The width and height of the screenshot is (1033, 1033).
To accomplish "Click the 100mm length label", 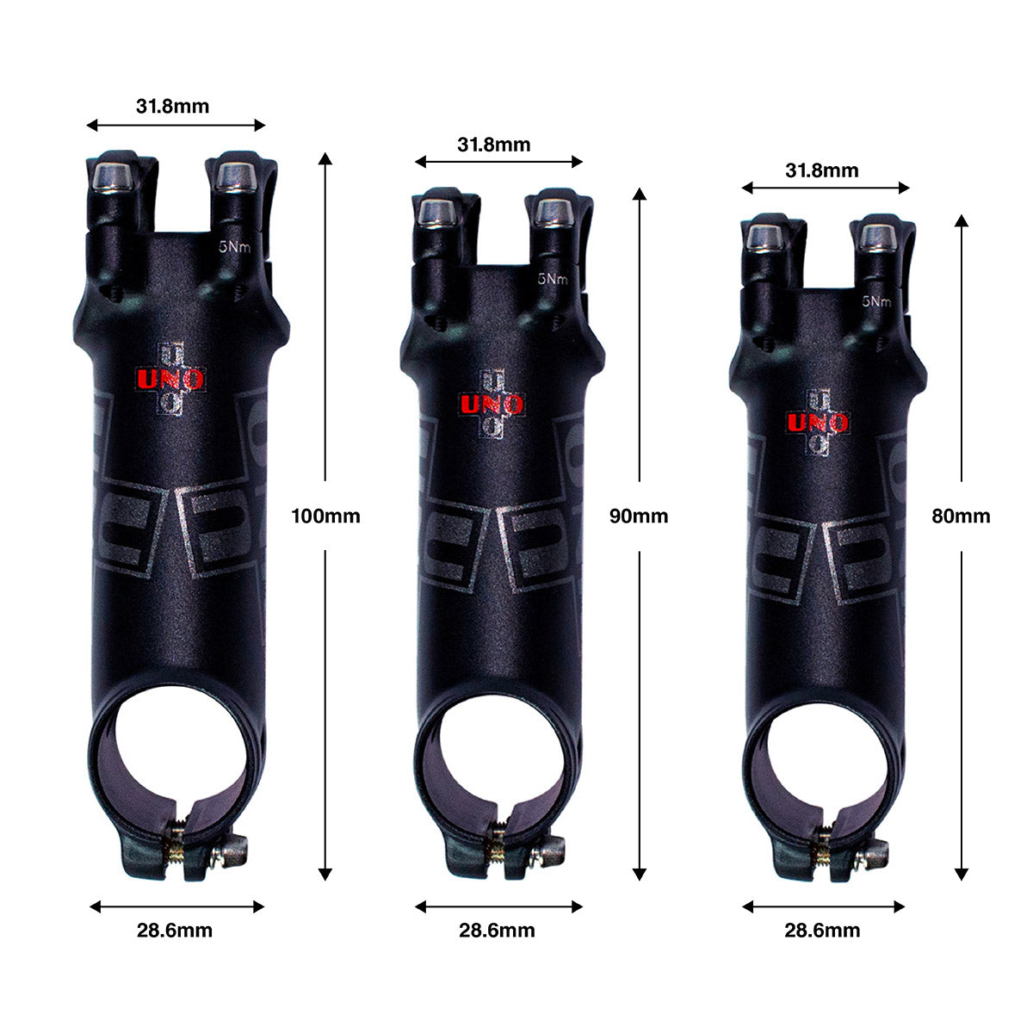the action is pyautogui.click(x=325, y=516).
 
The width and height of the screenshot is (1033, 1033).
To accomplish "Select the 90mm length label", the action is pyautogui.click(x=639, y=516).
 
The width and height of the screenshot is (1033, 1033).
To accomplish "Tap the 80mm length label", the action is pyautogui.click(x=961, y=516).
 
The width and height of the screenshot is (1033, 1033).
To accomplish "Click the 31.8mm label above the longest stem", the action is pyautogui.click(x=173, y=106).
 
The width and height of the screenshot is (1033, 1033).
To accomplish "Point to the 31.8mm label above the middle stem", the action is pyautogui.click(x=494, y=145).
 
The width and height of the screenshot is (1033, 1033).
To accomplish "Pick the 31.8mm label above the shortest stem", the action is pyautogui.click(x=822, y=170).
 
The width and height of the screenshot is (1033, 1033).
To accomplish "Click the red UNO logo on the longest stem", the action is pyautogui.click(x=170, y=380).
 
